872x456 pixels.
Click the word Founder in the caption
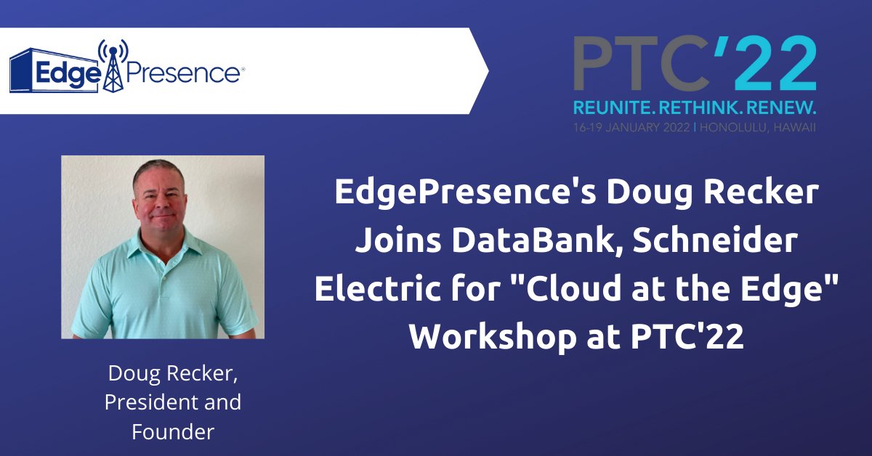[x=173, y=432]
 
